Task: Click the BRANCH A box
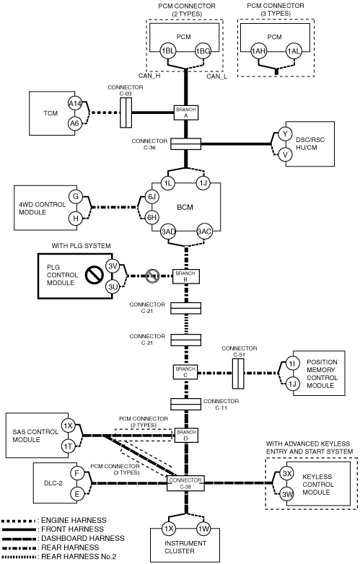pyautogui.click(x=186, y=113)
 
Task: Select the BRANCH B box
pyautogui.click(x=186, y=276)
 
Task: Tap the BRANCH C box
pyautogui.click(x=185, y=372)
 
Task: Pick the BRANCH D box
pyautogui.click(x=186, y=435)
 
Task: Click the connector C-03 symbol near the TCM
pyautogui.click(x=126, y=113)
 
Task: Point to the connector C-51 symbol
pyautogui.click(x=238, y=374)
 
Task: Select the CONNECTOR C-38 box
pyautogui.click(x=185, y=483)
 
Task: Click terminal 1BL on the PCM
pyautogui.click(x=167, y=50)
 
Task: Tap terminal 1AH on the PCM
pyautogui.click(x=258, y=51)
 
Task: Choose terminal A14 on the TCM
pyautogui.click(x=75, y=104)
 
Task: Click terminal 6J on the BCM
pyautogui.click(x=152, y=197)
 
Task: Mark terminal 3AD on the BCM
pyautogui.click(x=168, y=232)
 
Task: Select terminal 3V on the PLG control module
pyautogui.click(x=113, y=266)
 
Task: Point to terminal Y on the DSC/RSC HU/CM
pyautogui.click(x=285, y=134)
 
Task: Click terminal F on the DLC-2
pyautogui.click(x=76, y=473)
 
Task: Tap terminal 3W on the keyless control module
pyautogui.click(x=287, y=494)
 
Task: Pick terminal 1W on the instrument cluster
pyautogui.click(x=203, y=529)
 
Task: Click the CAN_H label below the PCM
pyautogui.click(x=149, y=76)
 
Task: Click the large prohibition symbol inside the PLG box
pyautogui.click(x=95, y=276)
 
